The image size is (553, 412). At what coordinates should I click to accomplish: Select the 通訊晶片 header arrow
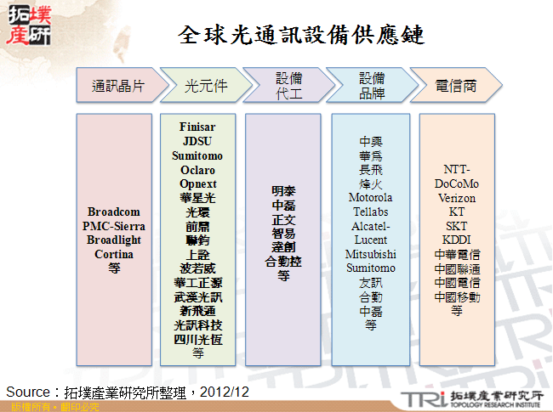tap(117, 86)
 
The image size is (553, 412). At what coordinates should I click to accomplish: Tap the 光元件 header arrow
tap(205, 86)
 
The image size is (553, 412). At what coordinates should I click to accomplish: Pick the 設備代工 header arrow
tap(288, 86)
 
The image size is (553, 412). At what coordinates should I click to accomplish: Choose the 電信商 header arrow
tap(455, 86)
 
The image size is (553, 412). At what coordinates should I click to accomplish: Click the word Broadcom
tap(113, 212)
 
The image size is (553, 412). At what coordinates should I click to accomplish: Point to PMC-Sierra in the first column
tap(113, 226)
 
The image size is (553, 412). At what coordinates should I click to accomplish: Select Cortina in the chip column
tap(113, 254)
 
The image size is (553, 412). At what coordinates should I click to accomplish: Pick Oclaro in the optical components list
tap(197, 170)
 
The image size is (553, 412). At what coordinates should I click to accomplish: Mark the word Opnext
tap(197, 183)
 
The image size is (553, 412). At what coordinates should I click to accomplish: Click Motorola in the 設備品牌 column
tap(370, 198)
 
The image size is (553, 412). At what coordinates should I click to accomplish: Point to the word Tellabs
tap(370, 212)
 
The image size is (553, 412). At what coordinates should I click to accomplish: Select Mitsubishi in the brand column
tap(370, 254)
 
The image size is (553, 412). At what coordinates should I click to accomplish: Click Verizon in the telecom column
tap(457, 198)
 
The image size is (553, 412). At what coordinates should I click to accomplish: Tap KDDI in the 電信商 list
tap(457, 240)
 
